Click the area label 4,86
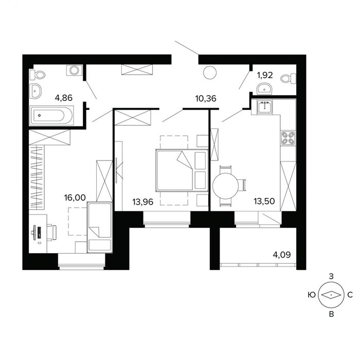(64, 98)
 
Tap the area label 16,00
(75, 197)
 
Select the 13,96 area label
(143, 202)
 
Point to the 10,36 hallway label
(206, 99)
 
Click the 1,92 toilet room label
(265, 75)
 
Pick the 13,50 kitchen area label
(264, 201)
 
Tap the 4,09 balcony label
(282, 255)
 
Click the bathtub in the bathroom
(51, 116)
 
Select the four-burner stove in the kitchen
(288, 138)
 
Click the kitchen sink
(265, 106)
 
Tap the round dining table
(225, 186)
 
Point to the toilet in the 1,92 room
(288, 79)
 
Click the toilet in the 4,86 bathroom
(38, 75)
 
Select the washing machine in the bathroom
(74, 70)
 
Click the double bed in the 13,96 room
(182, 170)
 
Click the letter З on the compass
(331, 277)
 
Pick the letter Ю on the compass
(312, 295)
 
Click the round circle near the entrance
(210, 73)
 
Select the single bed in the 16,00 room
(100, 227)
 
